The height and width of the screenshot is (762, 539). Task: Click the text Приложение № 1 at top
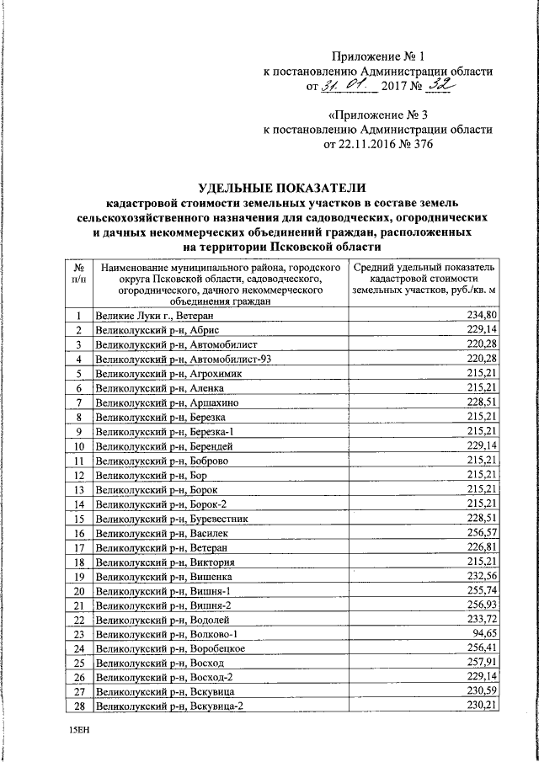[377, 56]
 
